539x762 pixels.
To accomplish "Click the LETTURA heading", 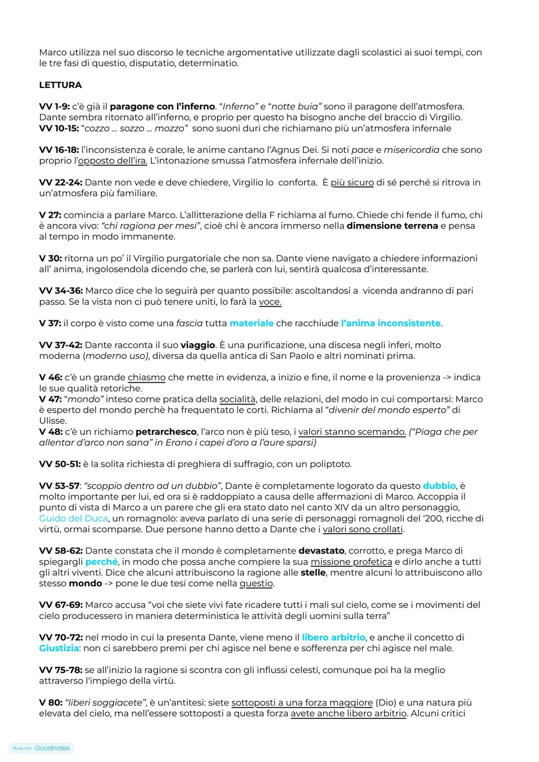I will [x=60, y=85].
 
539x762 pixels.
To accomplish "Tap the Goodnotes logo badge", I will [x=41, y=748].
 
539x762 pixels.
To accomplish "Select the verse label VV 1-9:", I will [x=54, y=106].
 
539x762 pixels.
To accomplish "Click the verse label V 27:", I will [x=50, y=215].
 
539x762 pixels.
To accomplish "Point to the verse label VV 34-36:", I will [x=61, y=291].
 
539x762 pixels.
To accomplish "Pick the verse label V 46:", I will [x=50, y=377].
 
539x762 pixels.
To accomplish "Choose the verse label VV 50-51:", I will [x=60, y=464].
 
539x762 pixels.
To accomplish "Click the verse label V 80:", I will [x=50, y=703].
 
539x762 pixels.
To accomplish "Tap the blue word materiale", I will [x=252, y=323].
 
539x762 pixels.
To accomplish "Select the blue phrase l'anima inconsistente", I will [x=391, y=323].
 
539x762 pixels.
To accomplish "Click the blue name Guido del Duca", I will [x=73, y=519].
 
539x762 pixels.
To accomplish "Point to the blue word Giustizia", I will [x=59, y=648].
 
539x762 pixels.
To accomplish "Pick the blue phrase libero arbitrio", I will [x=333, y=638].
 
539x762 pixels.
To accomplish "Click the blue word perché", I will [x=101, y=562].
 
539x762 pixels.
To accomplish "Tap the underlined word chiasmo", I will [x=146, y=378].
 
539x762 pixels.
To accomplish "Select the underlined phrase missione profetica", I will [x=351, y=562].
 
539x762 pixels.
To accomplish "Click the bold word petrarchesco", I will [x=166, y=432].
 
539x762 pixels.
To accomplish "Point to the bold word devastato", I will [x=321, y=551].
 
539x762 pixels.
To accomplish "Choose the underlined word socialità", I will [x=237, y=399].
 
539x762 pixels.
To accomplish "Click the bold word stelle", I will [x=313, y=573].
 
